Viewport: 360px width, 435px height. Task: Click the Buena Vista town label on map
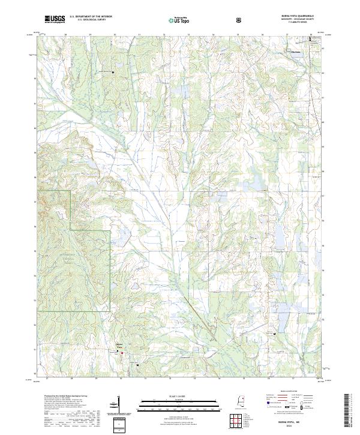click(119, 346)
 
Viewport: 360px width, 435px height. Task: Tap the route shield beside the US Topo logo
click(239, 20)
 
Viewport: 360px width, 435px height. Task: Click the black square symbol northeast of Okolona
click(311, 40)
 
